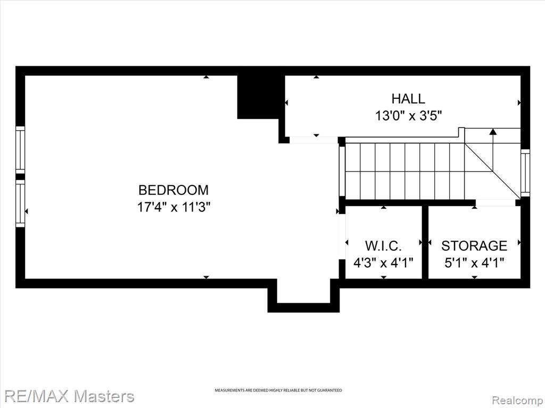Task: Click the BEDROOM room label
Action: (x=174, y=190)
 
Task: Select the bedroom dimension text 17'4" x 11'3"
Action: (x=174, y=208)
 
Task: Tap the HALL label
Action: (x=408, y=99)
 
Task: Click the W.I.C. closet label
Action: (x=383, y=246)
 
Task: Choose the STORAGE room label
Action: (x=474, y=246)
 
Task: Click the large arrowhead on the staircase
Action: (x=492, y=132)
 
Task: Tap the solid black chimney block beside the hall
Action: (x=259, y=97)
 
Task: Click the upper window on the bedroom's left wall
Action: (x=21, y=149)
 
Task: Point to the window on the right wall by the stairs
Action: (x=525, y=173)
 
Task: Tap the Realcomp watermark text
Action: (x=517, y=400)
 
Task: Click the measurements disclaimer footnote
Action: (x=278, y=390)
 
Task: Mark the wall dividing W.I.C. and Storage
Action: (x=425, y=242)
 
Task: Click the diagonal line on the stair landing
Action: (x=490, y=171)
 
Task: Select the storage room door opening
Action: (x=496, y=202)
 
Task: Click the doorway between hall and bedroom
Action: (x=313, y=140)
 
